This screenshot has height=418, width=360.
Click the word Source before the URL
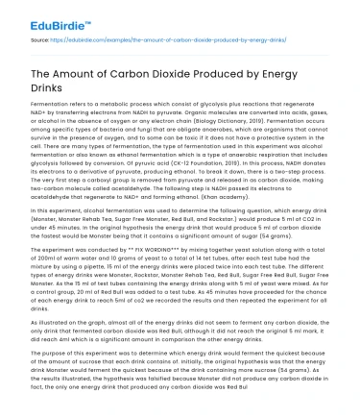(x=43, y=42)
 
